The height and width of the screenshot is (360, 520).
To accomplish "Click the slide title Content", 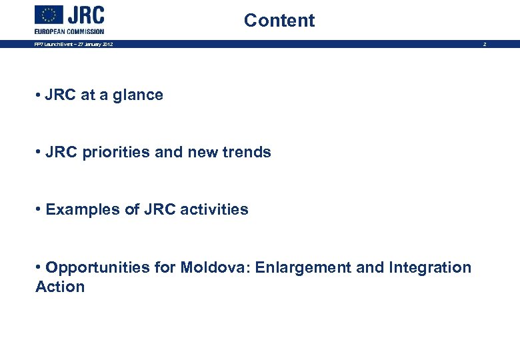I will (x=279, y=20).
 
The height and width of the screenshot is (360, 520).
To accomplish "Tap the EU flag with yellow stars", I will (x=49, y=15).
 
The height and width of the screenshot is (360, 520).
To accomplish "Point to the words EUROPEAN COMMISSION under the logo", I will (x=69, y=31).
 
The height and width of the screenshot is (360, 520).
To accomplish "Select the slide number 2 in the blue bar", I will (x=485, y=44).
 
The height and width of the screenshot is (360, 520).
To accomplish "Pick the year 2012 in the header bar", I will (x=107, y=44).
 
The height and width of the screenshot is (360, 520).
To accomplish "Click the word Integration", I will (x=430, y=268).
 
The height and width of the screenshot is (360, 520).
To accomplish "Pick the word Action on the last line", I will (x=60, y=287).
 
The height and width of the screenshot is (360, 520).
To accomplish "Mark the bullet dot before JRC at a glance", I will (x=39, y=95).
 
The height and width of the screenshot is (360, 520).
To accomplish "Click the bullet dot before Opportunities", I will (x=39, y=267).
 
